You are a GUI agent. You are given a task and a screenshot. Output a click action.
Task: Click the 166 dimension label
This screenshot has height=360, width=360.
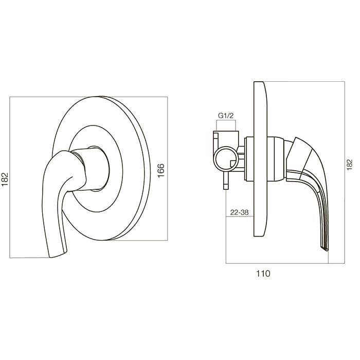click(x=161, y=170)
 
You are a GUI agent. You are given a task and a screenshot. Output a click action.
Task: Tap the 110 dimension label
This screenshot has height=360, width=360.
click(x=263, y=274)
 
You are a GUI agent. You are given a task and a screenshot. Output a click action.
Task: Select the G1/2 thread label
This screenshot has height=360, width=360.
click(x=226, y=116)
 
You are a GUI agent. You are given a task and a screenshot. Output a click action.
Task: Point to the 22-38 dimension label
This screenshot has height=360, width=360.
click(x=240, y=212)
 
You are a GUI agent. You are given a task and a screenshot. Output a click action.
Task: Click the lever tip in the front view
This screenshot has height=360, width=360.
click(x=58, y=254)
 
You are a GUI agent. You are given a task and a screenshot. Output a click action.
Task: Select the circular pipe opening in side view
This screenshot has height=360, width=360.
click(x=226, y=159)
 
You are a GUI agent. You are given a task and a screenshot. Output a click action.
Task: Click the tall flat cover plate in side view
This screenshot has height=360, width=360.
click(x=260, y=159)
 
